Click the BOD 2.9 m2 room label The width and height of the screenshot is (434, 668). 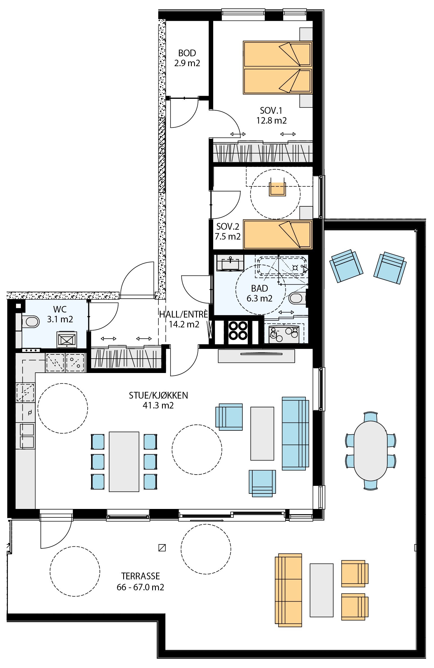coord(187,58)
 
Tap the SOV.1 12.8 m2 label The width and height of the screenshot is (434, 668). coord(271,115)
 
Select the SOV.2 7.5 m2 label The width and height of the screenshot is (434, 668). coord(228,231)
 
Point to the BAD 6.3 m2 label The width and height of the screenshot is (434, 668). coord(259,293)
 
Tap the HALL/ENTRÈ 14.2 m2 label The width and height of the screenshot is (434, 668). coord(184,319)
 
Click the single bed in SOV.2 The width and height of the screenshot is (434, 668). coord(278,235)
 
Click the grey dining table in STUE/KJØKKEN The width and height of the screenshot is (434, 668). coord(124,462)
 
